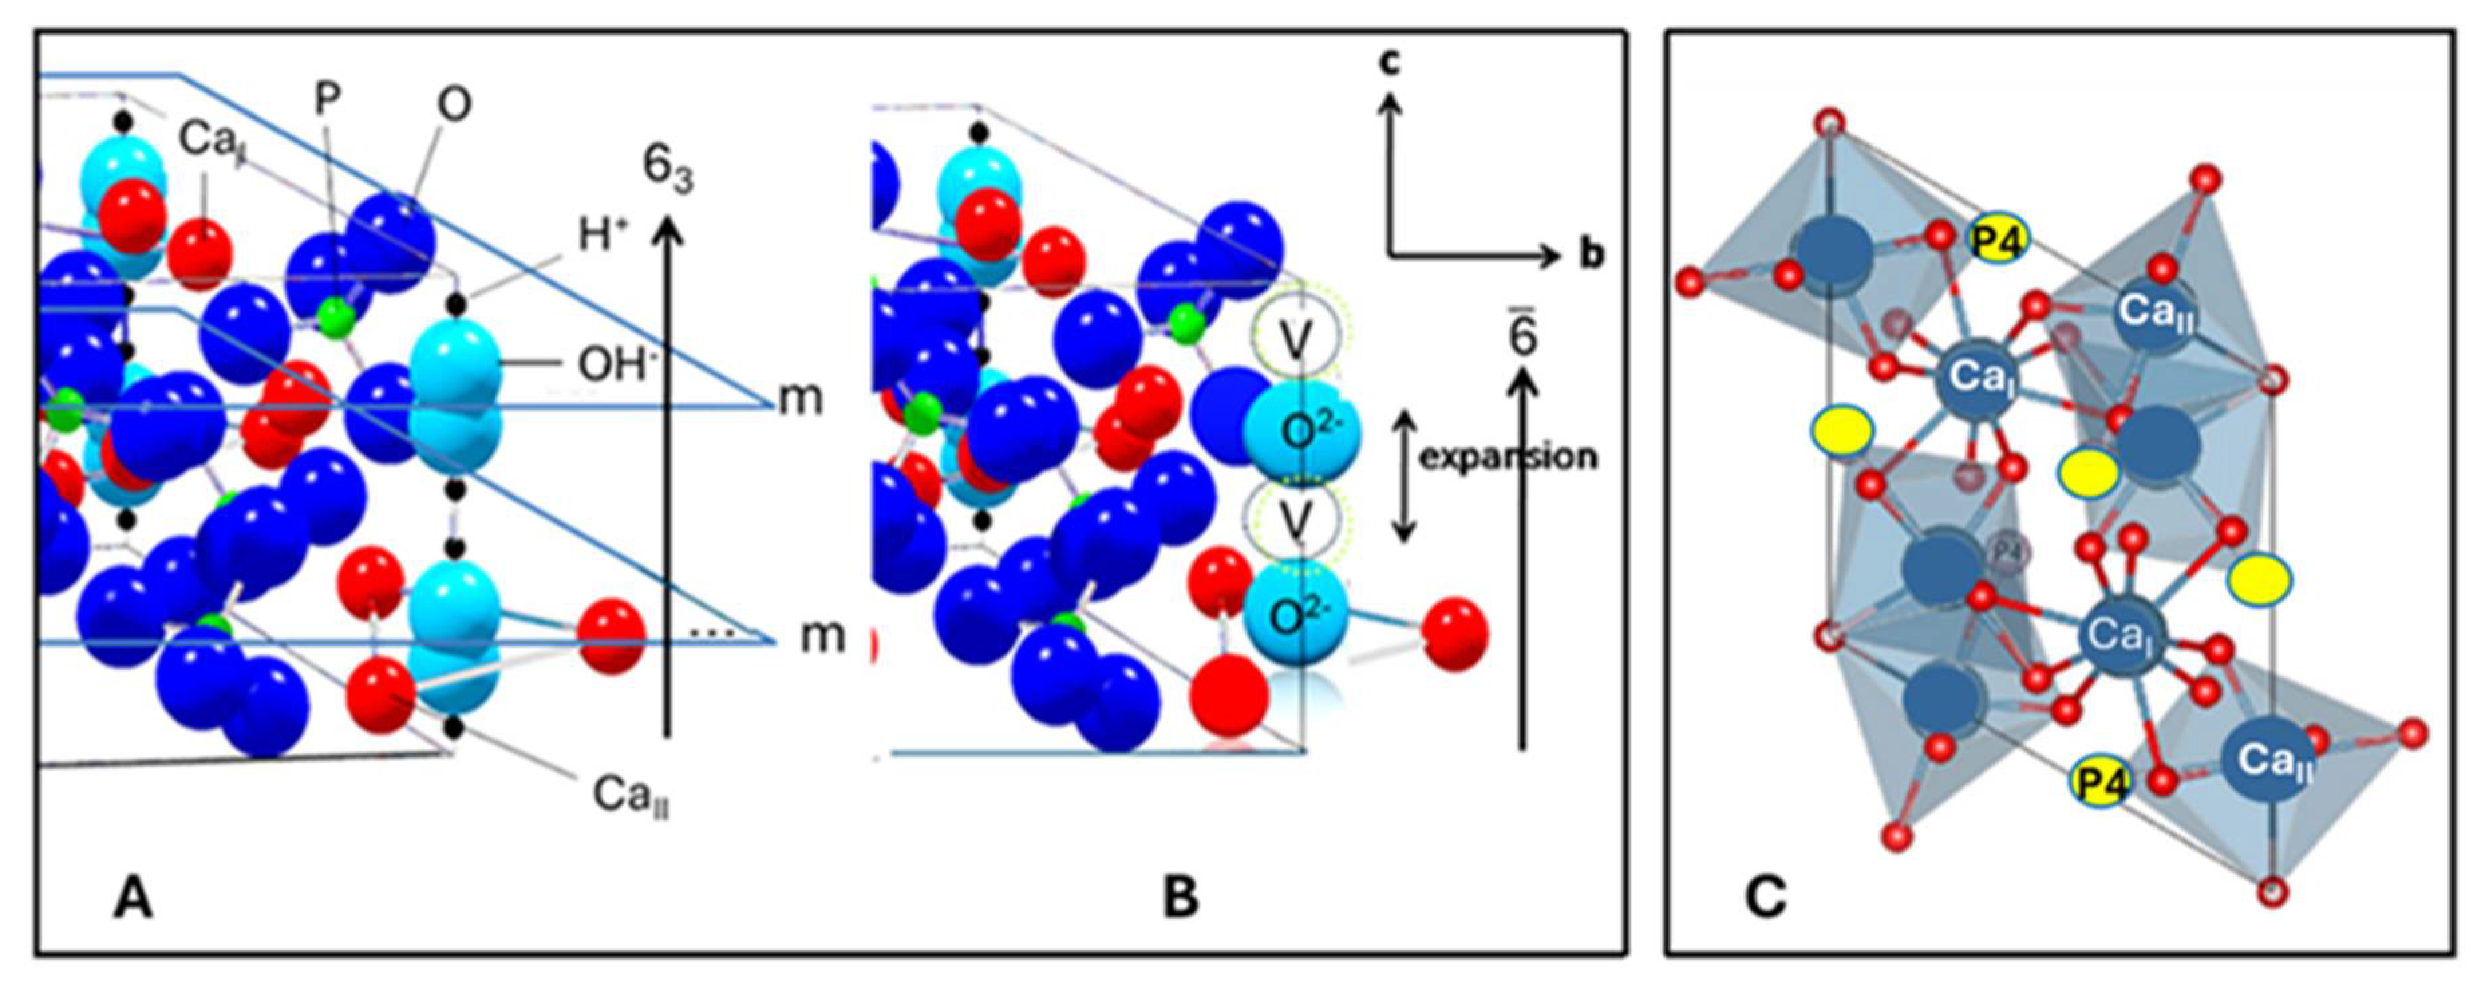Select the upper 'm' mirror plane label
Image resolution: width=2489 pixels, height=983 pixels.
point(801,398)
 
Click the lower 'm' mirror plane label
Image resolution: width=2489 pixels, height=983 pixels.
point(821,636)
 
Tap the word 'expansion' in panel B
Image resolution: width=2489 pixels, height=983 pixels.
point(1508,456)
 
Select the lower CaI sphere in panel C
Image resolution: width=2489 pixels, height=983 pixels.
point(2119,635)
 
